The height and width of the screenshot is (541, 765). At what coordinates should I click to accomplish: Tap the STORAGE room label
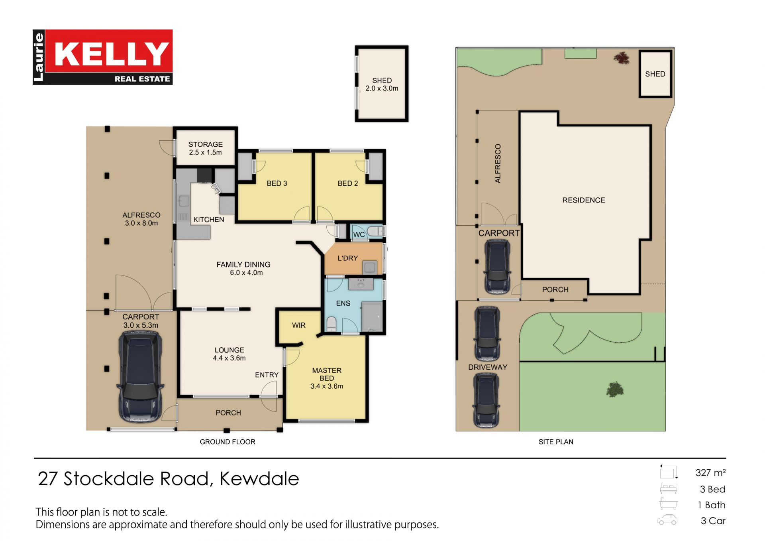point(206,144)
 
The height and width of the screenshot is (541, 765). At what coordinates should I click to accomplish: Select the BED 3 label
point(277,183)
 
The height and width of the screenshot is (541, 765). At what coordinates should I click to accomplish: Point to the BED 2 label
point(348,183)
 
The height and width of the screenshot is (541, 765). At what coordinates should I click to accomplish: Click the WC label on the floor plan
point(359,234)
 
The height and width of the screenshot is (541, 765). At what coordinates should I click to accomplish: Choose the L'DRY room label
point(348,258)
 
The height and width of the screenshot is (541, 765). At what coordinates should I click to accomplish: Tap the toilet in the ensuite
point(331,324)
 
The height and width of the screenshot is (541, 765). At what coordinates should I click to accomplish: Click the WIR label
point(299,325)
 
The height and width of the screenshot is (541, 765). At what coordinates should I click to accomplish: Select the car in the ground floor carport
point(140,376)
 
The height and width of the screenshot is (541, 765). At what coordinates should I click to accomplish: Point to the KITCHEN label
point(209,220)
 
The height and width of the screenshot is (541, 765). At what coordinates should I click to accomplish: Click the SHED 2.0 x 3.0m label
point(382,85)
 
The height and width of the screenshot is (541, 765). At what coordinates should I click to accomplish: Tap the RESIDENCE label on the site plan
point(584,200)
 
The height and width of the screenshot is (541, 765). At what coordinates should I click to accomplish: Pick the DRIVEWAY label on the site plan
point(488,367)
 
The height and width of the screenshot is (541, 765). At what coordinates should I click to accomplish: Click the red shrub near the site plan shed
point(622,59)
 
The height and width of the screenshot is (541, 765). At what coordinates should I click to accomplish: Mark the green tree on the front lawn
point(615,389)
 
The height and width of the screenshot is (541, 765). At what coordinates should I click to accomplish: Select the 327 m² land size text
point(711,473)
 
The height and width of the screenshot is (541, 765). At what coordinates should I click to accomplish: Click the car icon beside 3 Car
point(667,520)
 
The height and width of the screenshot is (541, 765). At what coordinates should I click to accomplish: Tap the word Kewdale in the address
point(259,479)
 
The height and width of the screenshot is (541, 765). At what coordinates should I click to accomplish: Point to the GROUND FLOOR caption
point(228,442)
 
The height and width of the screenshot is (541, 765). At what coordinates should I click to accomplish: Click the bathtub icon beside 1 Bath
point(668,504)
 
